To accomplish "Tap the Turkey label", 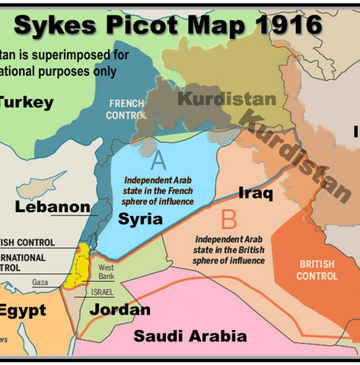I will click(27, 103).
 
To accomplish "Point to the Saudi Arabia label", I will click(190, 335).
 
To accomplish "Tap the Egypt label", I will click(23, 310).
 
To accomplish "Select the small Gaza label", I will click(40, 282).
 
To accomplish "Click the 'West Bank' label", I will click(107, 271).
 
